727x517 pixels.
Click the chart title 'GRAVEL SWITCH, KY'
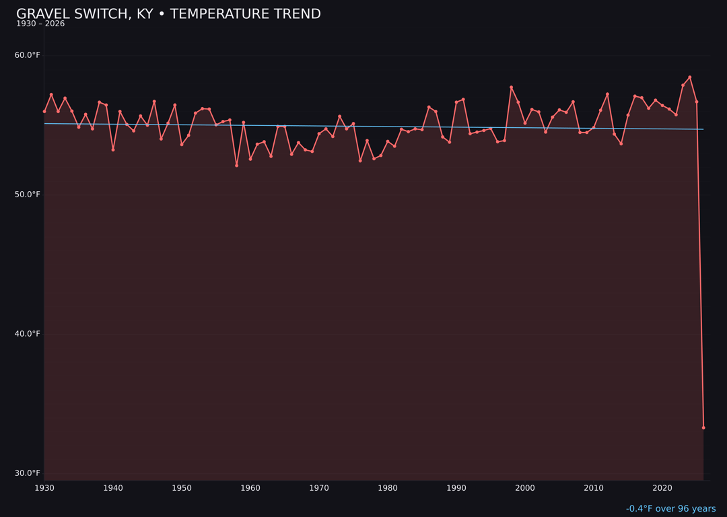click(x=168, y=14)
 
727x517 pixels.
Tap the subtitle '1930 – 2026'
click(x=40, y=24)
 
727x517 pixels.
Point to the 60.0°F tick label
click(x=28, y=55)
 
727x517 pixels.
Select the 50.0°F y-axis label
click(x=28, y=195)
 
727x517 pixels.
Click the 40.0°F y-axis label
click(x=28, y=334)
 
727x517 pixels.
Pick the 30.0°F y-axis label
click(x=28, y=473)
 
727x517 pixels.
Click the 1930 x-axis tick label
click(x=44, y=488)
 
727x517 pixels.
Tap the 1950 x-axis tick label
click(x=182, y=488)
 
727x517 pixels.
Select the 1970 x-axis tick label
click(x=319, y=488)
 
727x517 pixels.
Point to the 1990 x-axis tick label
click(x=456, y=488)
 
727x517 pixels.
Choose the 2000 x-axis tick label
click(x=525, y=488)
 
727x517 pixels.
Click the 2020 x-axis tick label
click(x=662, y=488)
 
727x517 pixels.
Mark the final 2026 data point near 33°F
click(x=703, y=427)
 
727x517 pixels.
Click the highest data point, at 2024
click(x=690, y=77)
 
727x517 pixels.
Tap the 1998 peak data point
click(x=511, y=88)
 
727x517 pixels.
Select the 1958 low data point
click(x=236, y=165)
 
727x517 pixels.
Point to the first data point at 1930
click(x=44, y=111)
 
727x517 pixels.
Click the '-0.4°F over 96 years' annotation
click(x=670, y=509)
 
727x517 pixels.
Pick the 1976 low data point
click(x=360, y=160)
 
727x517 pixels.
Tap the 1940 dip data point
click(x=113, y=149)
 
